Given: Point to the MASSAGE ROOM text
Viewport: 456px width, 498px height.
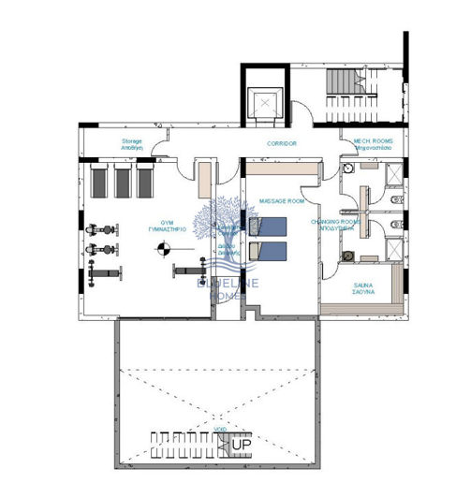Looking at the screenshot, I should coord(281,201).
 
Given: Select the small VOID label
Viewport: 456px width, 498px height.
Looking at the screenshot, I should coord(220,429).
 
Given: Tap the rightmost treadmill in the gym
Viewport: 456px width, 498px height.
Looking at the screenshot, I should coord(145,182).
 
